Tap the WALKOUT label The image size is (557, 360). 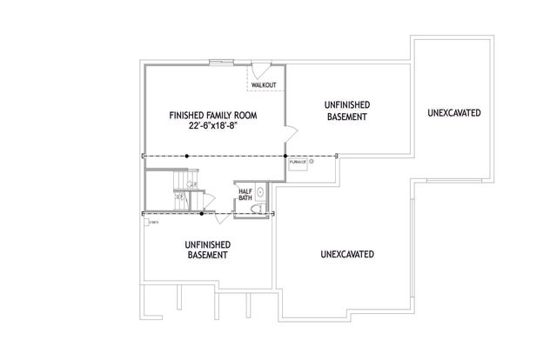(264, 85)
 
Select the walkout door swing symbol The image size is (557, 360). (261, 69)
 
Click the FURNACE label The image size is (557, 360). (297, 162)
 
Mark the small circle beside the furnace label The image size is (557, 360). (311, 161)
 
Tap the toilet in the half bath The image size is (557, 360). (258, 207)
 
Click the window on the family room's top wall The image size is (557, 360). (219, 62)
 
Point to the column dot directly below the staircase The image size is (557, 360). (203, 212)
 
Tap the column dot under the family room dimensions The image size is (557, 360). (188, 157)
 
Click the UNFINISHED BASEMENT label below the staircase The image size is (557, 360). (206, 250)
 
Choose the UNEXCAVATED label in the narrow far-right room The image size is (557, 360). (455, 114)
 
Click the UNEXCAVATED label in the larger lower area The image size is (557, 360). (347, 255)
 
